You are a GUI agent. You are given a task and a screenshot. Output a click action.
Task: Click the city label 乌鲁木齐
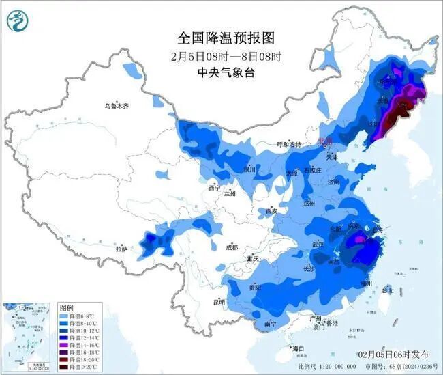coord(116,106)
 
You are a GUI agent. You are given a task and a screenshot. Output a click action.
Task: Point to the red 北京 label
coord(326,141)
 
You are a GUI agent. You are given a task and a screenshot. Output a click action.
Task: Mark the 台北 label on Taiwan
coord(386,290)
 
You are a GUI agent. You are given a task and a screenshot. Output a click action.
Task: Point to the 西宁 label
coord(215,187)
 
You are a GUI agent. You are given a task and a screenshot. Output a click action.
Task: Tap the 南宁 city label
coord(271,324)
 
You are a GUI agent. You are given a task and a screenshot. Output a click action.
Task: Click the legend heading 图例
coord(65,308)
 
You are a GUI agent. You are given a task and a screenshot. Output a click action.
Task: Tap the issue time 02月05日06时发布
coord(393,355)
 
